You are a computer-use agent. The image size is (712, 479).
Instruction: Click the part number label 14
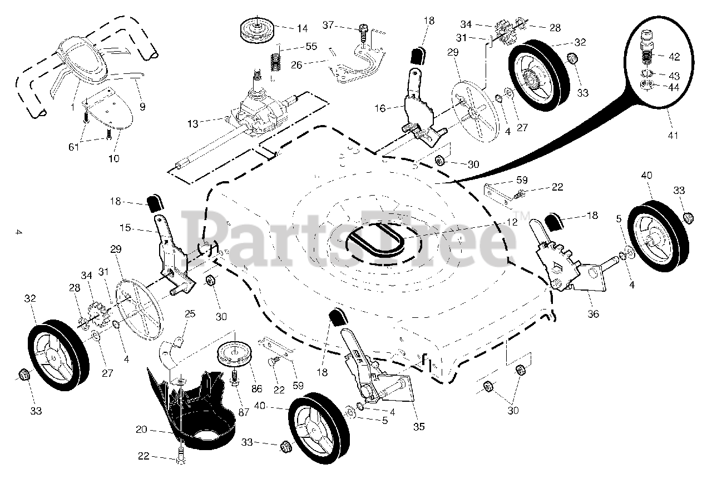[x=301, y=28]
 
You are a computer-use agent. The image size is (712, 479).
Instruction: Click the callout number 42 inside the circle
[x=674, y=56]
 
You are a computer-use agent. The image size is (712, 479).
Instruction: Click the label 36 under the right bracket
[x=594, y=314]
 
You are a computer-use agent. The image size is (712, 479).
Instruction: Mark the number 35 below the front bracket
[x=419, y=427]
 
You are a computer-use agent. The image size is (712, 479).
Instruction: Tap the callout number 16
[x=380, y=108]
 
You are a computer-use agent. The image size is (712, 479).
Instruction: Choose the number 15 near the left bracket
[x=126, y=227]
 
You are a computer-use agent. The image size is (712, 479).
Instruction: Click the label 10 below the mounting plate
[x=113, y=158]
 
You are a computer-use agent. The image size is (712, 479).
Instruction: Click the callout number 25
[x=190, y=314]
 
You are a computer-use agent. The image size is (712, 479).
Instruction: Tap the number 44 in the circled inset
[x=674, y=87]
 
